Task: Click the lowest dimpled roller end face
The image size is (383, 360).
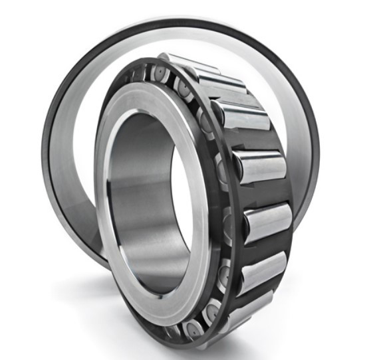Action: click(x=193, y=329)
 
